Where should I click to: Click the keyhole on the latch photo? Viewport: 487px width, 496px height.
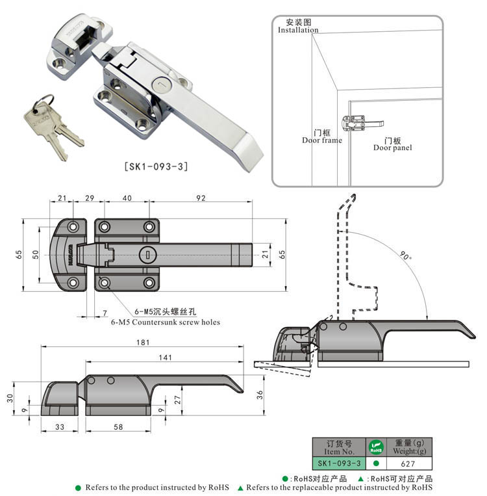point(161,85)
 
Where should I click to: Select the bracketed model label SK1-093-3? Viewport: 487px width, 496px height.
point(156,166)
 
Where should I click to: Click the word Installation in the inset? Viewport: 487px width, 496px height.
point(298,30)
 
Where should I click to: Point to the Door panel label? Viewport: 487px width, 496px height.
point(392,148)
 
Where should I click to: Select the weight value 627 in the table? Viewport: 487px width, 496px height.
point(408,463)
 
